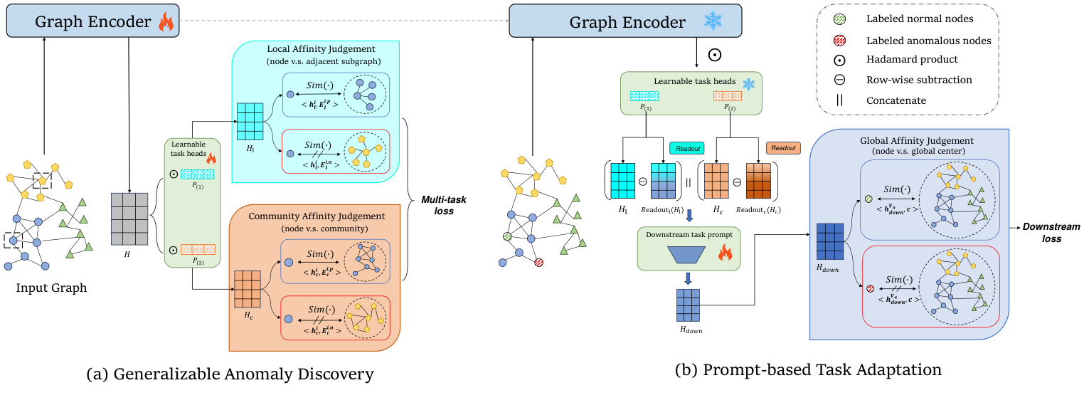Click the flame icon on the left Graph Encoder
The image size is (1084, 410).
tap(166, 22)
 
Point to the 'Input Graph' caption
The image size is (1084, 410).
tap(51, 288)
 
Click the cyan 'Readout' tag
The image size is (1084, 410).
tap(687, 148)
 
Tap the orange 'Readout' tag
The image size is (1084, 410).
tap(783, 148)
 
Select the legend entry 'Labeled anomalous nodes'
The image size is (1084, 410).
tap(928, 41)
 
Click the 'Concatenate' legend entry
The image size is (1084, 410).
tap(896, 100)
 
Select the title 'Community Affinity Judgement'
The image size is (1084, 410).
tap(317, 215)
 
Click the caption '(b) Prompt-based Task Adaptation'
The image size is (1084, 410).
tap(808, 369)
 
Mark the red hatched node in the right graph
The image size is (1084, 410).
tap(539, 262)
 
